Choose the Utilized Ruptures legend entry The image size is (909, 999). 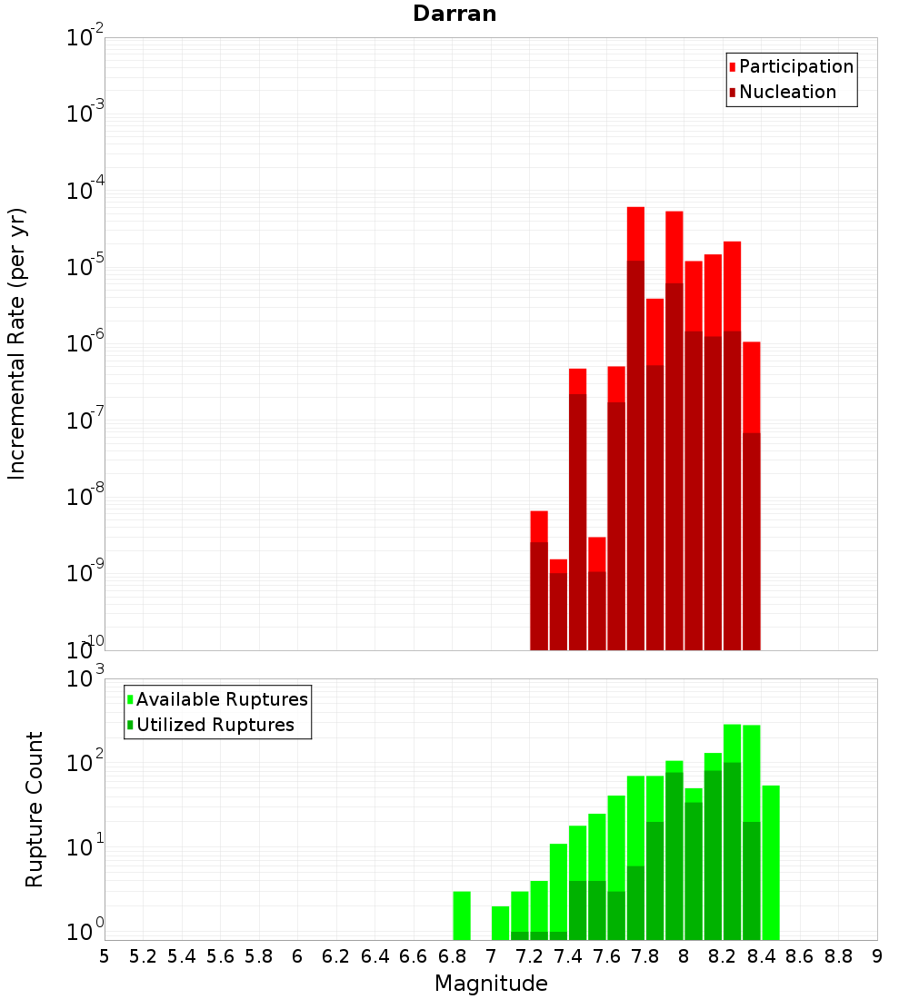coord(215,725)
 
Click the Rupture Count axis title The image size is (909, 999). coord(35,808)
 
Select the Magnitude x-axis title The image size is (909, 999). coord(491,984)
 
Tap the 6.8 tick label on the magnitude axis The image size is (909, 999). coord(452,955)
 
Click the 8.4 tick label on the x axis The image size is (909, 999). coord(761,955)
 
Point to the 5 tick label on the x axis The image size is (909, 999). coord(105,955)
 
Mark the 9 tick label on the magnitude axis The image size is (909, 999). coord(877,955)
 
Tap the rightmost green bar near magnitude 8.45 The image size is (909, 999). coord(771,863)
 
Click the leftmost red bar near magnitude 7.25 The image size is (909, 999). coord(539,581)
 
